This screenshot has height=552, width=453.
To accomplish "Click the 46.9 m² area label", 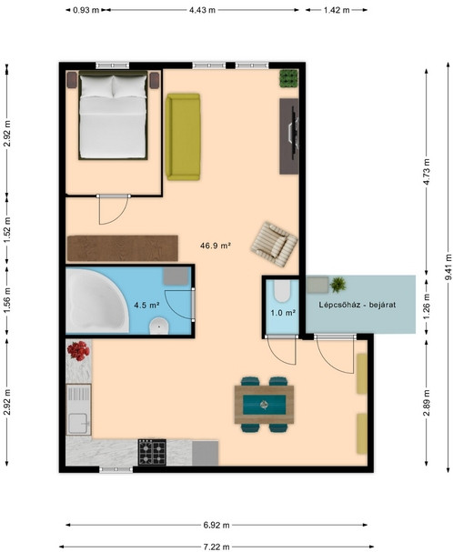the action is [216, 246].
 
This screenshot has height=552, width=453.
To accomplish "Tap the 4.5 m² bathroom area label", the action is [146, 306].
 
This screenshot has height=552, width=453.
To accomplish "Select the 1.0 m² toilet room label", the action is [283, 312].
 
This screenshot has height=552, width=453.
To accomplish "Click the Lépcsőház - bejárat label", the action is [357, 305].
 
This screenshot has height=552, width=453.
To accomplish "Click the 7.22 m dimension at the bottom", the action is [216, 547].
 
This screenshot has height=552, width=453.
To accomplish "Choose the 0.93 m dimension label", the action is [86, 10].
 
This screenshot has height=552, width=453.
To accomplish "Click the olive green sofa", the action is [183, 136].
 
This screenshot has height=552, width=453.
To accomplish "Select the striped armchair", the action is [274, 244].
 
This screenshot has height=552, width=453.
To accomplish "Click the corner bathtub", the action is [96, 301].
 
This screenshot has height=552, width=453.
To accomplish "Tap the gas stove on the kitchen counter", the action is [152, 452].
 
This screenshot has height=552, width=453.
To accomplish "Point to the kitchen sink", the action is [78, 409].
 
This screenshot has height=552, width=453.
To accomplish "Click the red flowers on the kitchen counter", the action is [78, 351].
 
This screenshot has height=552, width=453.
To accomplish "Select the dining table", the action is [264, 405].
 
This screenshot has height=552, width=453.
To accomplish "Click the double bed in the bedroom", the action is [113, 115].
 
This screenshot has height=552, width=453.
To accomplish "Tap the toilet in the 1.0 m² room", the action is [281, 291].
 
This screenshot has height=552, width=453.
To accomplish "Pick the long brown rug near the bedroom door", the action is [122, 248].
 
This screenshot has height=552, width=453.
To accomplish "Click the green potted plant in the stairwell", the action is [338, 285].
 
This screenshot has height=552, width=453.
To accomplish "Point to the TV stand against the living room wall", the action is [289, 136].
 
